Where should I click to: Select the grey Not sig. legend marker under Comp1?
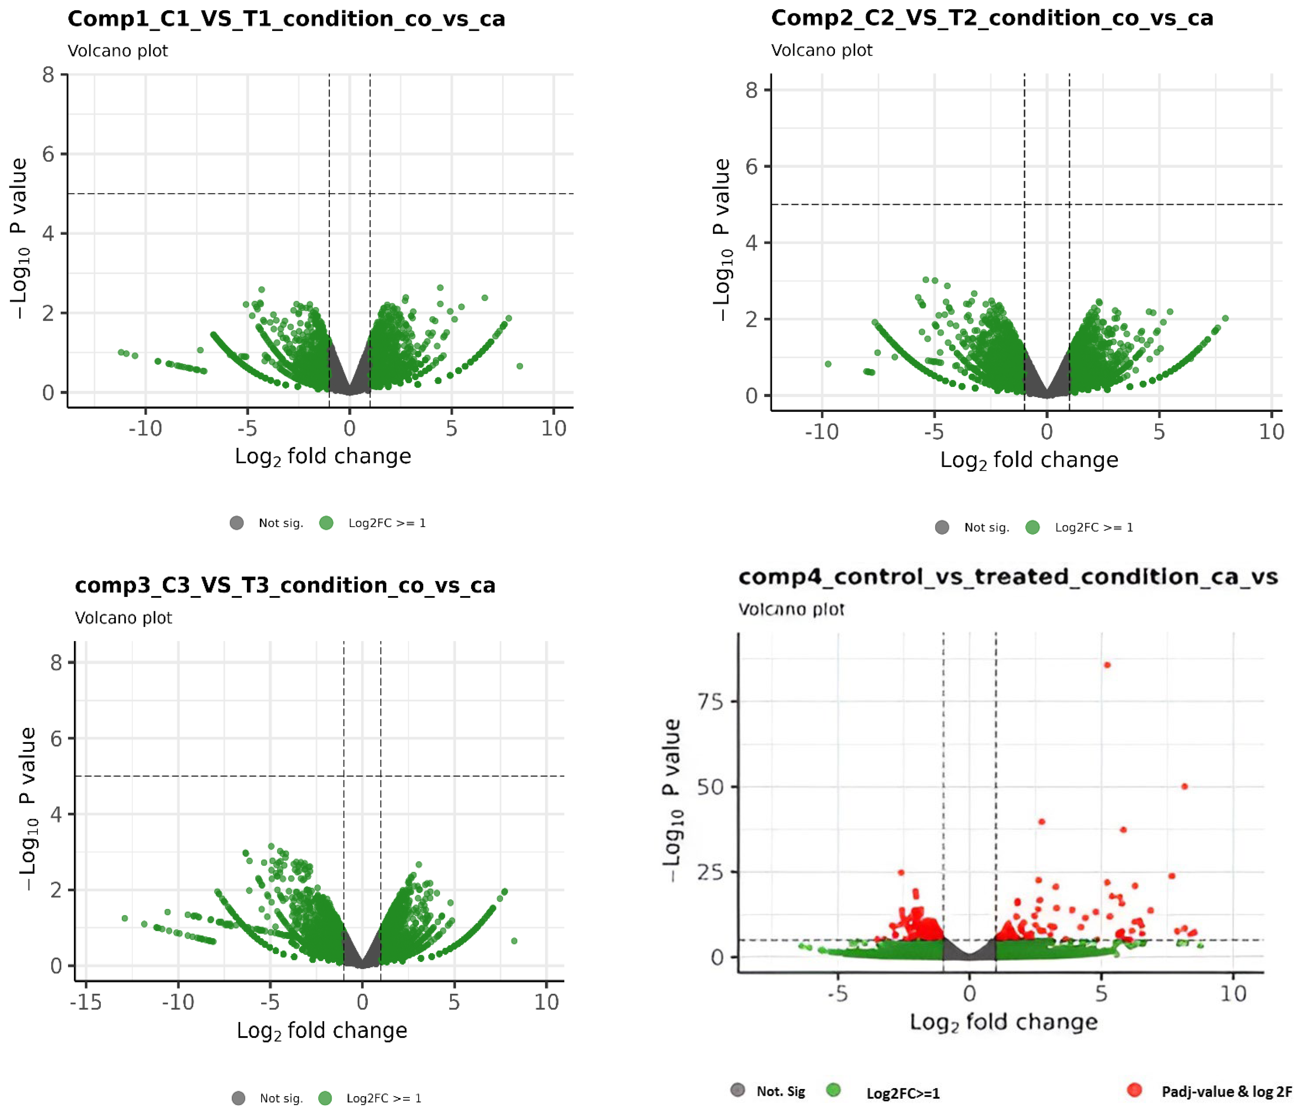click(x=236, y=523)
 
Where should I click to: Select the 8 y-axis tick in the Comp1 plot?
click(x=48, y=75)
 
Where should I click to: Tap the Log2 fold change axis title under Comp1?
click(x=323, y=456)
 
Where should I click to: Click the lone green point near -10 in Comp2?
click(x=828, y=364)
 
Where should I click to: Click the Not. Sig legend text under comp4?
click(x=781, y=1091)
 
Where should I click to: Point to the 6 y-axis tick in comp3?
click(x=56, y=739)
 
